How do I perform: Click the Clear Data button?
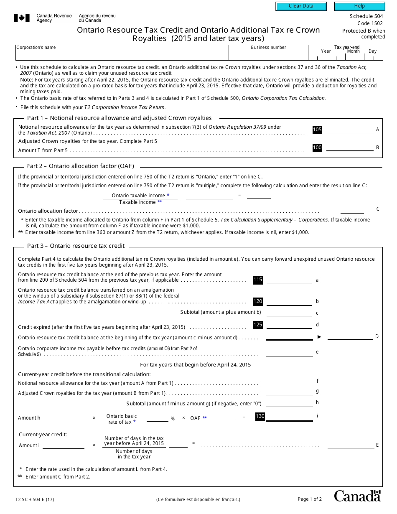tap(301, 6)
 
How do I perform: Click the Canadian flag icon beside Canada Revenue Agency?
tap(22, 18)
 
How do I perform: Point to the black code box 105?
tap(317, 130)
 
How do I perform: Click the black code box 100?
tap(317, 148)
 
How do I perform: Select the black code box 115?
tap(258, 280)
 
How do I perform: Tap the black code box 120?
tap(258, 301)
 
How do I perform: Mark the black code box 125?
tap(258, 325)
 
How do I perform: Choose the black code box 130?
tap(260, 416)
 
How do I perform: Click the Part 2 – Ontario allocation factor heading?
tap(80, 166)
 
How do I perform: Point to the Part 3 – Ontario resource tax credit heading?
tap(76, 246)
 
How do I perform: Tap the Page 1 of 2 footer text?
tap(310, 499)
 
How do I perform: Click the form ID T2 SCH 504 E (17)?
tap(35, 499)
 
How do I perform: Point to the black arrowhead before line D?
tap(319, 337)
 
